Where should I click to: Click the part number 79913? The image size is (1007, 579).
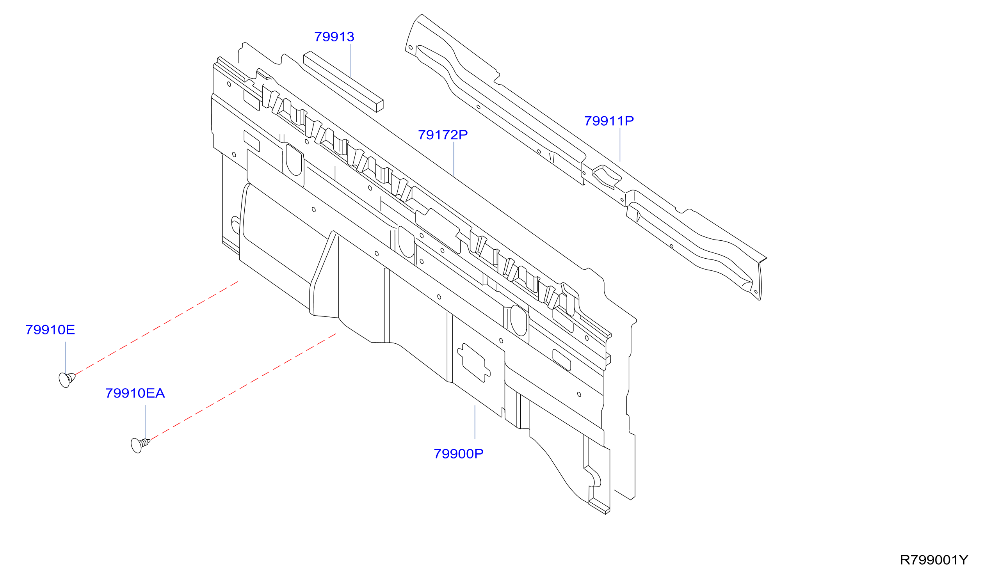point(334,37)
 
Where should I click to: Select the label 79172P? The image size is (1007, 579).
point(443,135)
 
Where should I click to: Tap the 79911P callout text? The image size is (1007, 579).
point(609,121)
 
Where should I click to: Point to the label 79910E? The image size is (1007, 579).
point(50,330)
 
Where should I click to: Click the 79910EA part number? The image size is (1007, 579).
point(135,393)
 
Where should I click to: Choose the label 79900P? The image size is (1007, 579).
point(459,454)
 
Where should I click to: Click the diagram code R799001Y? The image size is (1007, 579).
point(934,560)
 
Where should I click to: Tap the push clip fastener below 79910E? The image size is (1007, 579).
point(66,380)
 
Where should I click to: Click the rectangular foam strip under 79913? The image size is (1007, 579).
point(343,82)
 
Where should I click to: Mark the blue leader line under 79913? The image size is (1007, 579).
point(350,60)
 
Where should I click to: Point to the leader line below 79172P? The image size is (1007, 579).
point(454,159)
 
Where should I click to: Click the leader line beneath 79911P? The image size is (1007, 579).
point(620,145)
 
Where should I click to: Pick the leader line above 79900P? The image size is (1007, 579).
point(475,422)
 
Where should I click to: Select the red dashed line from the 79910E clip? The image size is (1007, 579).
point(157,328)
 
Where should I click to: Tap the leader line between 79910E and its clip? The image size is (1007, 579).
point(65,357)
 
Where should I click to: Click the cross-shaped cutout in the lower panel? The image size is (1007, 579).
point(474,363)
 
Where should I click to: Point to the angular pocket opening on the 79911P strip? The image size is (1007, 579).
point(606,177)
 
